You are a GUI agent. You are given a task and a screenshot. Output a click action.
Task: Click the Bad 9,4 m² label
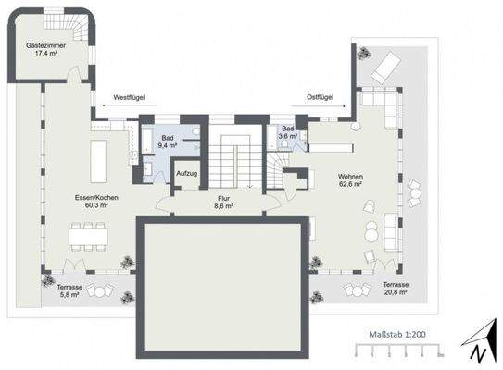pyautogui.click(x=168, y=141)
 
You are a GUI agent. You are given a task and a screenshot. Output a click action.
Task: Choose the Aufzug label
pyautogui.click(x=189, y=173)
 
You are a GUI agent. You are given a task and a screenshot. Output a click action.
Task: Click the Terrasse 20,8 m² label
pyautogui.click(x=397, y=288)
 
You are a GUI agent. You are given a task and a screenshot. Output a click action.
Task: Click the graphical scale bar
pyautogui.click(x=397, y=351)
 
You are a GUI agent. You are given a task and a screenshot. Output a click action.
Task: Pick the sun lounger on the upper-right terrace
pyautogui.click(x=387, y=65)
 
